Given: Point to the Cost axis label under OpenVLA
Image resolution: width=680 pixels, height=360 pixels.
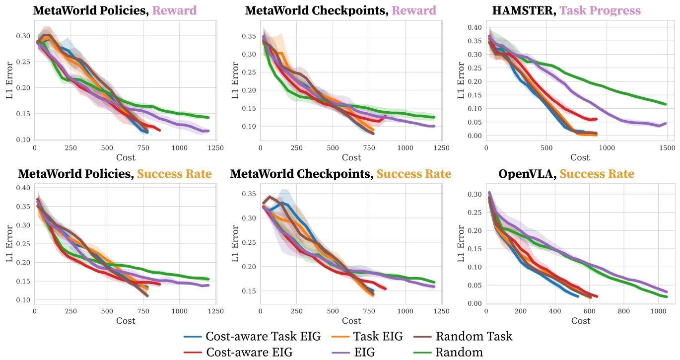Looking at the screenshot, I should click(x=580, y=321).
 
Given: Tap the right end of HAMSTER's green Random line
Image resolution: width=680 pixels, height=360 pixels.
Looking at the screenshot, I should click(x=666, y=104).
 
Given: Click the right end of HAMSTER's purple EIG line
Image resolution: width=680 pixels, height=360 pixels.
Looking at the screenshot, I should click(x=666, y=123).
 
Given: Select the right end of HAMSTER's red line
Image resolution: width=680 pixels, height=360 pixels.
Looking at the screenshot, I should click(x=596, y=119).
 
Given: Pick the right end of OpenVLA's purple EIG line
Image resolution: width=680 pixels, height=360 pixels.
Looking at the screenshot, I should click(x=666, y=291).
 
